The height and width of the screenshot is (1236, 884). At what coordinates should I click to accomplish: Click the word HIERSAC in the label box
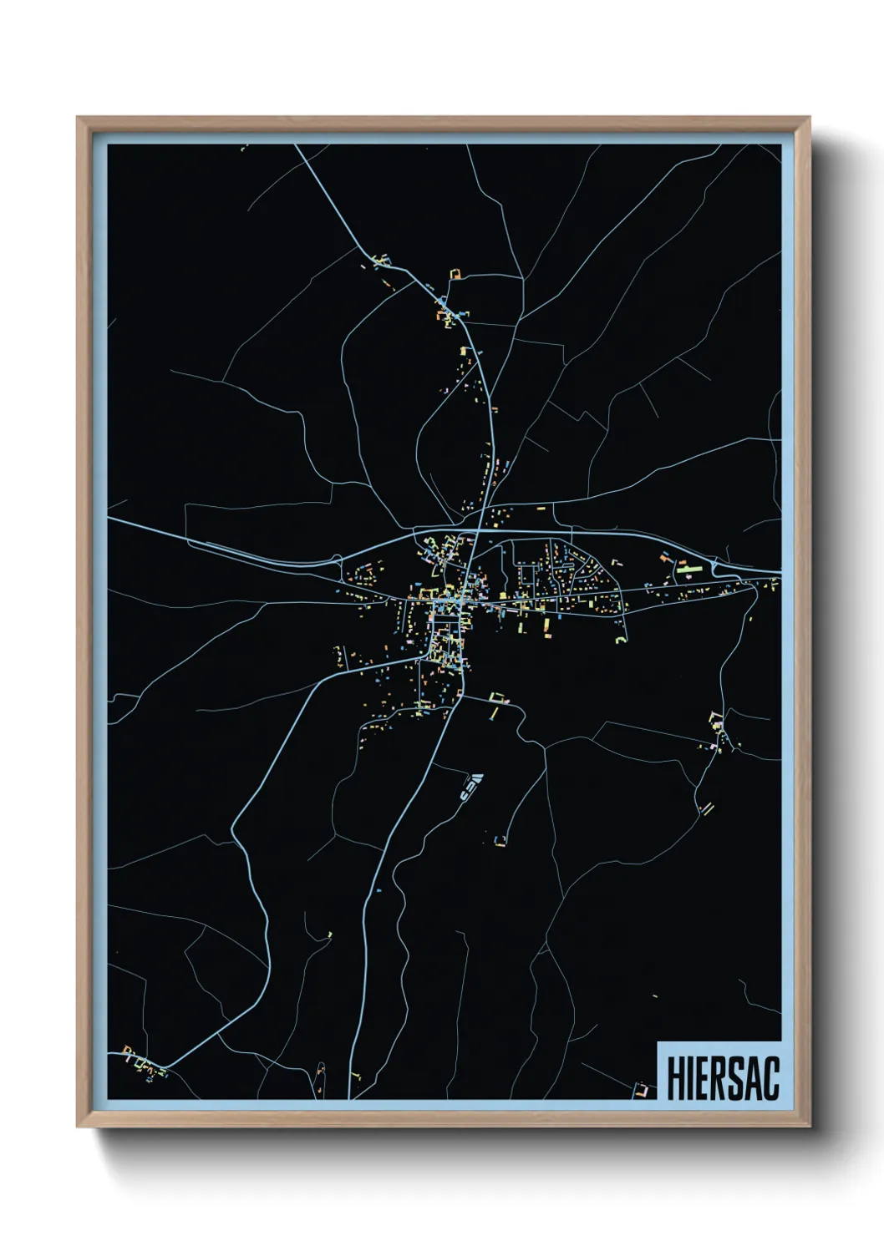723,1079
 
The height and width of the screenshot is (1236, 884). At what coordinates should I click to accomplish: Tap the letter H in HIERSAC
675,1079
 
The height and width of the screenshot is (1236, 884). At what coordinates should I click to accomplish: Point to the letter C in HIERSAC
770,1079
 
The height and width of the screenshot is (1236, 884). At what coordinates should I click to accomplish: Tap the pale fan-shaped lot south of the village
472,784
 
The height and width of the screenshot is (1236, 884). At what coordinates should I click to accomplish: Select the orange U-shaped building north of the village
455,274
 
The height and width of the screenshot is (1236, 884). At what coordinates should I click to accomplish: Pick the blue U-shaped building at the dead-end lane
500,838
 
